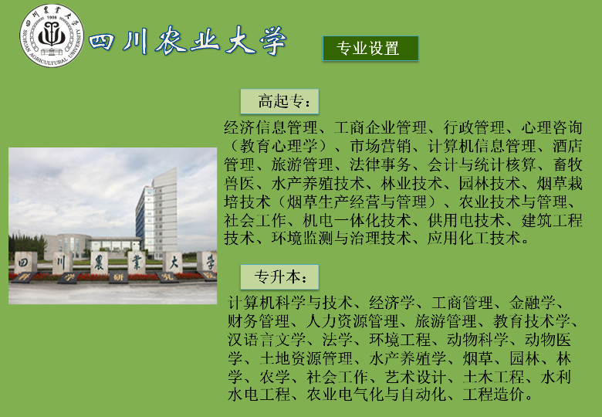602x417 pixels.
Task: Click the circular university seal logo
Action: point(52,36)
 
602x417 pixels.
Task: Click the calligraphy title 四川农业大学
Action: point(188,40)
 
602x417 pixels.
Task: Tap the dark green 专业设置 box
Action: point(370,49)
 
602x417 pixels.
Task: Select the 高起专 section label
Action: point(279,101)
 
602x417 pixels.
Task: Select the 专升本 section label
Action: point(279,277)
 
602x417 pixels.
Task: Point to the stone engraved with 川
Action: point(62,263)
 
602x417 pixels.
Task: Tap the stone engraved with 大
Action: point(173,263)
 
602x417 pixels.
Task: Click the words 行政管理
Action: point(474,127)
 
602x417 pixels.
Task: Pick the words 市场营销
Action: point(380,146)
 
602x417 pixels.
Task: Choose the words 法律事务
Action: point(380,164)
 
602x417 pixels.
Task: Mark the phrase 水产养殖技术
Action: point(318,183)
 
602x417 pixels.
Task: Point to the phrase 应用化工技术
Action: point(474,239)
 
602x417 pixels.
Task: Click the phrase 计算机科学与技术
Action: point(290,303)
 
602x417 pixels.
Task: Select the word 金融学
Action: point(532,303)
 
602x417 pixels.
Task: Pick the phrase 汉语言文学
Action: point(267,340)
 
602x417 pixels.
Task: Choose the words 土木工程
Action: point(494,377)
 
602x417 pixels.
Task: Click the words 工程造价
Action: point(494,395)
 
